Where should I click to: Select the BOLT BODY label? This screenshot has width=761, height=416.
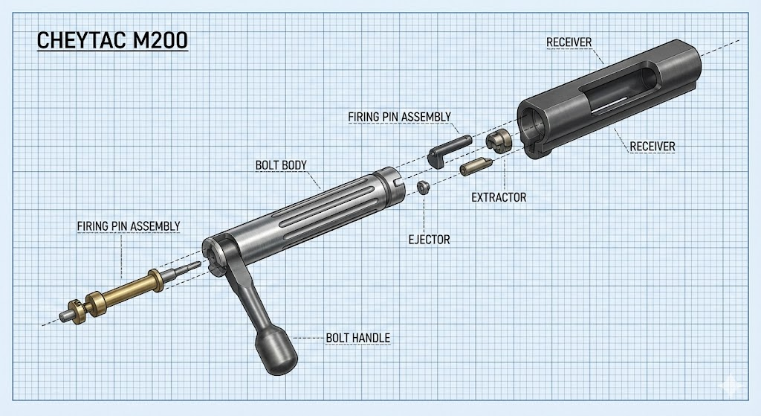(x=281, y=165)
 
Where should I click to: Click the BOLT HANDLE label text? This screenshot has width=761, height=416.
(x=357, y=337)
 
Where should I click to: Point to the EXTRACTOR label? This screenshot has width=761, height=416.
(x=499, y=197)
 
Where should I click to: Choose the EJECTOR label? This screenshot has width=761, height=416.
(x=429, y=240)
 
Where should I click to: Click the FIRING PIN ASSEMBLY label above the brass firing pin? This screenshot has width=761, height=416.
(x=129, y=226)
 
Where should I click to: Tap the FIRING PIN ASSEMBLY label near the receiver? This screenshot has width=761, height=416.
(x=399, y=117)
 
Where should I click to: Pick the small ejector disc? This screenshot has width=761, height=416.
(x=423, y=187)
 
